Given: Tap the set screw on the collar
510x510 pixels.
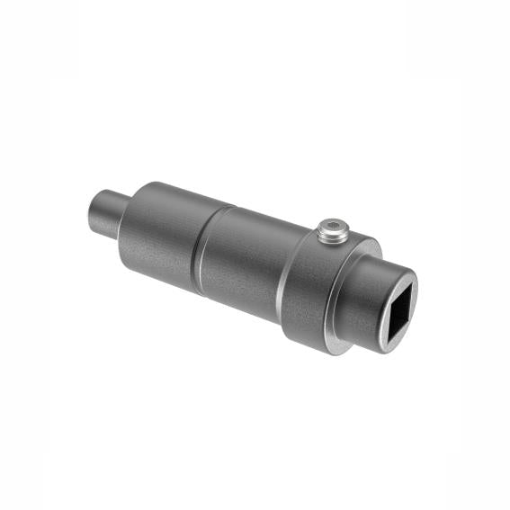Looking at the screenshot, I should tap(332, 231).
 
